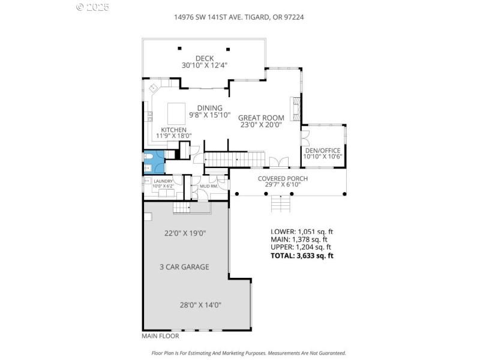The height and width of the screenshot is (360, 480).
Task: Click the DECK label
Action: (205, 58)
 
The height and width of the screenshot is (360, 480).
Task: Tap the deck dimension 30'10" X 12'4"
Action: (205, 65)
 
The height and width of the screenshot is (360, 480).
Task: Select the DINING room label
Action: (206, 108)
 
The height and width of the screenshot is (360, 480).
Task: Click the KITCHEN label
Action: (173, 130)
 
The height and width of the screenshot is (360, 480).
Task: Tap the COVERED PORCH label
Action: (283, 179)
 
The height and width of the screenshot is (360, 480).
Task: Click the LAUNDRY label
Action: (163, 181)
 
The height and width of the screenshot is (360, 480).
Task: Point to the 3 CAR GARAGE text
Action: (184, 267)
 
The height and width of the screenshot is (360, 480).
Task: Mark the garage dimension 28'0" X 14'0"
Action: (201, 305)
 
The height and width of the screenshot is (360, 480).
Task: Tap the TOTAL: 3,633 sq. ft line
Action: (302, 256)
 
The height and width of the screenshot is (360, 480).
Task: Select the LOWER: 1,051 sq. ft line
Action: (301, 231)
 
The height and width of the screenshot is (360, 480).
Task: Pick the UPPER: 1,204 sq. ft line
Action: (301, 247)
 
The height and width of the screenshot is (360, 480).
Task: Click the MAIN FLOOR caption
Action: (161, 336)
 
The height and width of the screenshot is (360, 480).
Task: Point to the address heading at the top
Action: (239, 17)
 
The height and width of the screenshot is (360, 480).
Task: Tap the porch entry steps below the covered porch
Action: (281, 205)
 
